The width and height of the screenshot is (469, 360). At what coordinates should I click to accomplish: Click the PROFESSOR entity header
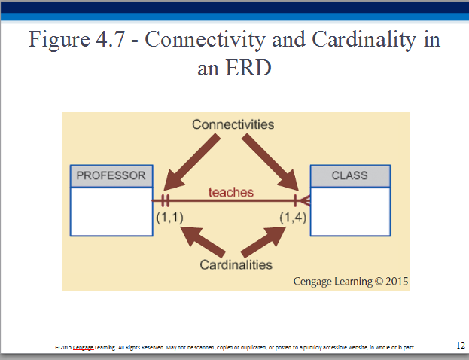[111, 176]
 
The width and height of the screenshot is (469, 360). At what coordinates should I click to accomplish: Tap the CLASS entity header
[350, 176]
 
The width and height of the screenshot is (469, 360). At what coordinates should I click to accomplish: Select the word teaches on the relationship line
[231, 192]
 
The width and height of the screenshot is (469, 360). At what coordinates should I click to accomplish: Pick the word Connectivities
[233, 124]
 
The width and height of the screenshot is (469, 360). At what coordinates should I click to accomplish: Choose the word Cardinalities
[236, 265]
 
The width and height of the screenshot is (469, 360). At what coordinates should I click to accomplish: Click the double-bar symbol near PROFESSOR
[165, 200]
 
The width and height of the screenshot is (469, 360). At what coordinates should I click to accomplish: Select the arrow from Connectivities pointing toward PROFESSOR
[192, 162]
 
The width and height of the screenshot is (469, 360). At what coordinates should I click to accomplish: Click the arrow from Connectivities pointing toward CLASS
[271, 162]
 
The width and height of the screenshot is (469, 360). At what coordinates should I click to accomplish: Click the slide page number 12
[461, 346]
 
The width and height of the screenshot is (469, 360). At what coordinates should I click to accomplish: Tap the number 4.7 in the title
[110, 39]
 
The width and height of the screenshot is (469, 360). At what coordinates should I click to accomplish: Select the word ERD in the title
[248, 68]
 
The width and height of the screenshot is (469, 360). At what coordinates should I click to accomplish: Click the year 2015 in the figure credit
[397, 281]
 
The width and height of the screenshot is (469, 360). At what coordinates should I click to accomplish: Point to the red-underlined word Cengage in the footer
[84, 348]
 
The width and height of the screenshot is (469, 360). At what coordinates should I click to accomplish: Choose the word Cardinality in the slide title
[364, 40]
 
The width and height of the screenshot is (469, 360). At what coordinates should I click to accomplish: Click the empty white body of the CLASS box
[350, 212]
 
